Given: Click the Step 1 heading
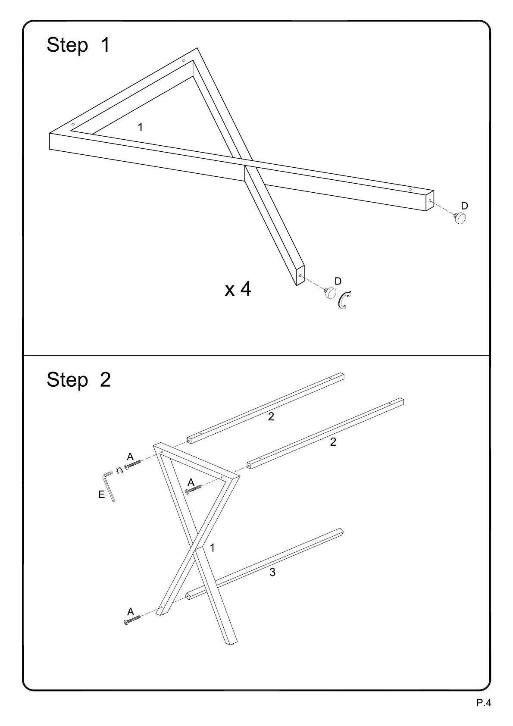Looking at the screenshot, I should pyautogui.click(x=78, y=45).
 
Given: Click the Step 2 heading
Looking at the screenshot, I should pyautogui.click(x=78, y=380).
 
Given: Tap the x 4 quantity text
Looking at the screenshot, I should pyautogui.click(x=238, y=289).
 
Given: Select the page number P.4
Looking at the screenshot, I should pyautogui.click(x=484, y=703).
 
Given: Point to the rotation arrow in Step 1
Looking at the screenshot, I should pyautogui.click(x=344, y=300).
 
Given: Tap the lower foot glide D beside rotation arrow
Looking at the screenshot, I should pyautogui.click(x=330, y=292).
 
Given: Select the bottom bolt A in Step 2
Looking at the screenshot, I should pyautogui.click(x=132, y=620).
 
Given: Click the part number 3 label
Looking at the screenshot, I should pyautogui.click(x=272, y=572).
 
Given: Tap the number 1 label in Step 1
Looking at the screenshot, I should pyautogui.click(x=140, y=127).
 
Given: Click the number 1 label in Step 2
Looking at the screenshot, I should pyautogui.click(x=212, y=548).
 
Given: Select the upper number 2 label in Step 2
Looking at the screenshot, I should pyautogui.click(x=271, y=416).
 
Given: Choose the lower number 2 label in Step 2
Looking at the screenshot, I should pyautogui.click(x=333, y=442).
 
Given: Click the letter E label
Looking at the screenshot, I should pyautogui.click(x=101, y=494).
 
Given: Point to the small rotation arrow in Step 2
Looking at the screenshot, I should pyautogui.click(x=119, y=471).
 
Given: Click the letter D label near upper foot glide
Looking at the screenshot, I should pyautogui.click(x=464, y=206).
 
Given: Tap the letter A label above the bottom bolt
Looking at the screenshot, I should pyautogui.click(x=130, y=611).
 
